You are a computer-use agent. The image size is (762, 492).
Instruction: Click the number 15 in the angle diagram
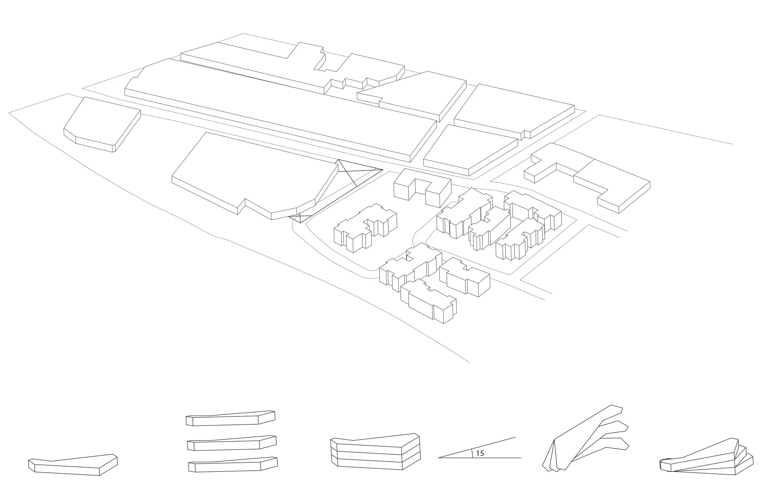[480, 453]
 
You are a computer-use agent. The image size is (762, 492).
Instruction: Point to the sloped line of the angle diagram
[477, 447]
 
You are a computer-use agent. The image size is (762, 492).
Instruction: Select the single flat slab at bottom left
[73, 465]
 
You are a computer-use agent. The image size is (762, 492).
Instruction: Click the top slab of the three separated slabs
[230, 418]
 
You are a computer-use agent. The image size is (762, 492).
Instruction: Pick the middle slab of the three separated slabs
[232, 443]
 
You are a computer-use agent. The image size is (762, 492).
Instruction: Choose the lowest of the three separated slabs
[233, 465]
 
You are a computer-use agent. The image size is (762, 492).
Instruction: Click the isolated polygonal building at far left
[102, 124]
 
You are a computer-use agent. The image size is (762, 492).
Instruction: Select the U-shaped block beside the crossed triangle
[422, 187]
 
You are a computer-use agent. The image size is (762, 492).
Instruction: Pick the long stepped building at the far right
[587, 177]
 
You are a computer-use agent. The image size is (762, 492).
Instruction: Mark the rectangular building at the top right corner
[514, 111]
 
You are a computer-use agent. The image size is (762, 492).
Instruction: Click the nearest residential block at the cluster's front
[429, 301]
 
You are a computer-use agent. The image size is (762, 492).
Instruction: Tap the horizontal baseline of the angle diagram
[480, 458]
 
